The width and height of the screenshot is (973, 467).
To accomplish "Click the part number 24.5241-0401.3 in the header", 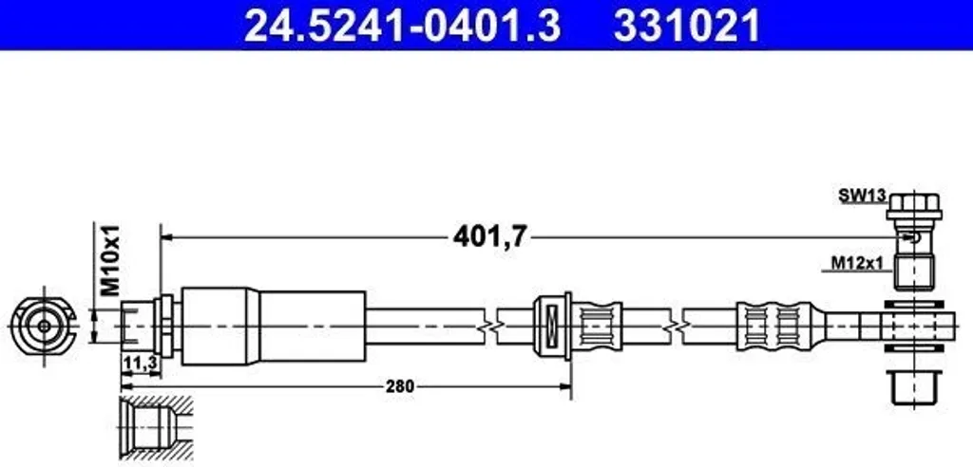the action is [402, 25].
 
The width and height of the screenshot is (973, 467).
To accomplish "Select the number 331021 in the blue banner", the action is [687, 25].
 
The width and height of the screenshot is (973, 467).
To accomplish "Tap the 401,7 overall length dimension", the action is [489, 236].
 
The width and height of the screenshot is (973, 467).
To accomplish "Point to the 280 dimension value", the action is [399, 387].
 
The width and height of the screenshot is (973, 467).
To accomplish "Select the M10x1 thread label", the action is [110, 260].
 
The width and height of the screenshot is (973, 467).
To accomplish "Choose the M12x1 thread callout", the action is [857, 264].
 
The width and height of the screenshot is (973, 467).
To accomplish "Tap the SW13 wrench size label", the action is [863, 196].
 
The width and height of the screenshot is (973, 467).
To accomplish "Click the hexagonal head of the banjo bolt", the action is [914, 203].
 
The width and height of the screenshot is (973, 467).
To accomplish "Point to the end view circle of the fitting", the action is [44, 326].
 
